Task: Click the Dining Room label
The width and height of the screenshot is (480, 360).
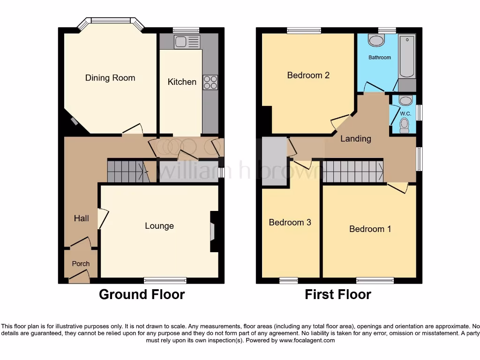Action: click(110, 78)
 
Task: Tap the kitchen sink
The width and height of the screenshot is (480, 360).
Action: click(187, 42)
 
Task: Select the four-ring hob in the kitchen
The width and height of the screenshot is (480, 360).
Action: click(210, 82)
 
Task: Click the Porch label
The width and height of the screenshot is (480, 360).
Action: click(81, 263)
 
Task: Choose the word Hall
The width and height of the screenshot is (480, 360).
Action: click(81, 218)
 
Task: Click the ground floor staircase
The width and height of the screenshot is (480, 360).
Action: click(125, 171)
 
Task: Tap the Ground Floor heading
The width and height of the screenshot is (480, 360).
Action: click(142, 294)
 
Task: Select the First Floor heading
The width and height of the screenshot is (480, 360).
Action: click(337, 294)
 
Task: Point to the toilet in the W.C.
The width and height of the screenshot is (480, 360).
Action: click(404, 125)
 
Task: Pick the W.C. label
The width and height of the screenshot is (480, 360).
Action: click(405, 114)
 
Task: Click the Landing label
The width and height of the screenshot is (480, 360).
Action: click(355, 138)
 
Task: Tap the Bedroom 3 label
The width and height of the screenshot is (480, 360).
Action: click(290, 222)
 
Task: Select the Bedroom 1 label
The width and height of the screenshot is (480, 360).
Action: click(370, 229)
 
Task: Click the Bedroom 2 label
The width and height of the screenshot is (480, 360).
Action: click(308, 75)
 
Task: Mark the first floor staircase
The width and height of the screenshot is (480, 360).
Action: click(353, 171)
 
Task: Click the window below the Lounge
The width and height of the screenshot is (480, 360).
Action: click(165, 281)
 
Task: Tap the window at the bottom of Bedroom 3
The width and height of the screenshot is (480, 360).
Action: click(289, 281)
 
